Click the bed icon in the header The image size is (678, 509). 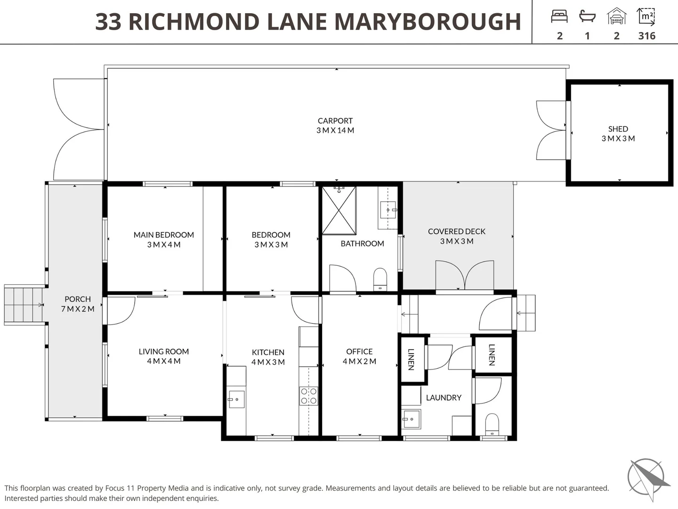tap(559, 16)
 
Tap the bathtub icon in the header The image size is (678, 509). tap(587, 16)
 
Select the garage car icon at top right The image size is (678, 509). tap(616, 16)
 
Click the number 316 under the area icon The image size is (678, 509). tap(646, 36)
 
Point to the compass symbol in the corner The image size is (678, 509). tap(647, 478)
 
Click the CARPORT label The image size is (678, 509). tap(335, 121)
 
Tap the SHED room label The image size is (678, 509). tap(618, 129)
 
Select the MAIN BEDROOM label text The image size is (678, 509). tap(163, 235)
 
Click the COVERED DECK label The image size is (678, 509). tap(456, 231)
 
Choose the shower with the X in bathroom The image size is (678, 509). tap(339, 210)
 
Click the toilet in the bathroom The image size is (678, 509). tap(380, 279)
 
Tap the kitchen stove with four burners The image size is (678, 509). tap(308, 396)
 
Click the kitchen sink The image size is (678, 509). tap(236, 399)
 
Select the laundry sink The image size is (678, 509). tap(411, 419)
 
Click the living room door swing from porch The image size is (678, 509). tap(120, 310)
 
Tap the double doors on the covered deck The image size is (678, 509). tap(464, 275)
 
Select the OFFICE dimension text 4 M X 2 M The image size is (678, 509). tap(359, 361)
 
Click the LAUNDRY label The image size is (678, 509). tap(444, 398)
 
